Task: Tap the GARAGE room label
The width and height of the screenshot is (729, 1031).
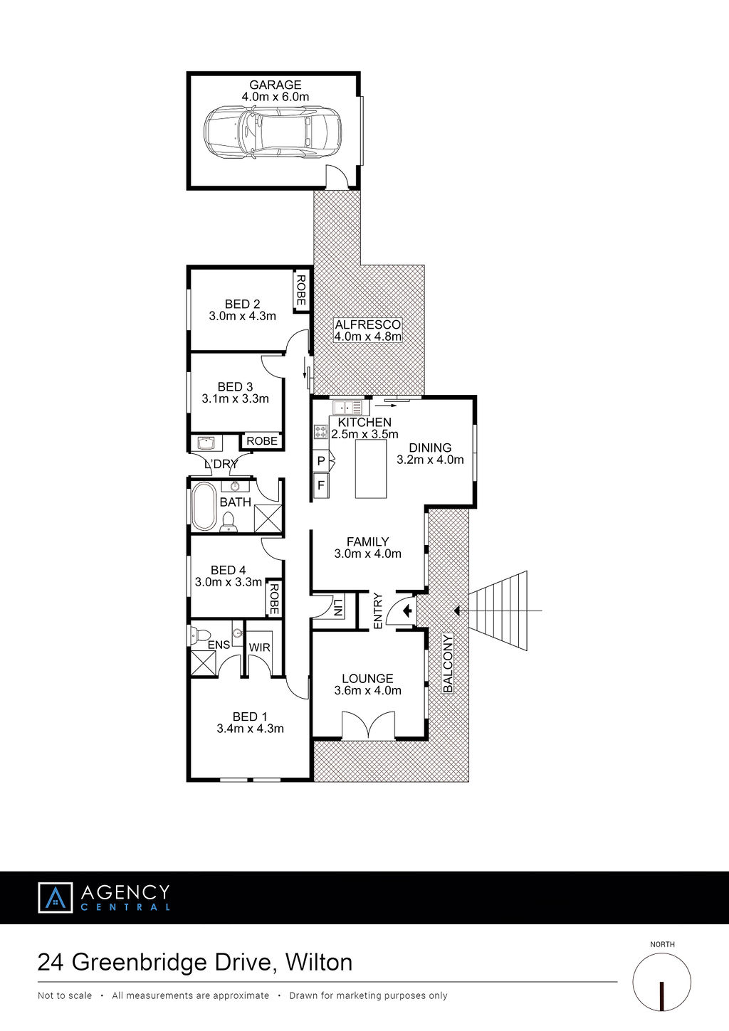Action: tap(276, 85)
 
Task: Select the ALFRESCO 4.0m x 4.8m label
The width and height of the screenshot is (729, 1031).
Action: tap(367, 330)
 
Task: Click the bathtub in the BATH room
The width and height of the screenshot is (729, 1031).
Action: tap(204, 506)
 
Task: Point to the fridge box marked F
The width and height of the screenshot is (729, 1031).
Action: tap(321, 485)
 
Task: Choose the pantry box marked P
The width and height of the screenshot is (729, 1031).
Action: tap(322, 461)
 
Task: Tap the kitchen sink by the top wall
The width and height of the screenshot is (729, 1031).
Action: tap(347, 407)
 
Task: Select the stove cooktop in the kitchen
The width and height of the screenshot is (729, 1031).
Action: tap(321, 432)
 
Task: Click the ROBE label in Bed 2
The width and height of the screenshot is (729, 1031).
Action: tap(300, 290)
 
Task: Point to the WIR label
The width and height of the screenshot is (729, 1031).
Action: tap(259, 647)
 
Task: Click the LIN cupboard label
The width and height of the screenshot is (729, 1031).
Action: tap(338, 607)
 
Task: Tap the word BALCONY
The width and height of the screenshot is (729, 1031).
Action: tap(448, 663)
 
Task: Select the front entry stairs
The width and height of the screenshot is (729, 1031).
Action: tap(498, 610)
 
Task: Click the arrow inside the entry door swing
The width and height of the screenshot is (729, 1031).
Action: tap(407, 611)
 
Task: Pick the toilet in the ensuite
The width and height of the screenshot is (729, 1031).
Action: tap(194, 634)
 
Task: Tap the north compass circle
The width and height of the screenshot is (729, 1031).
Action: tap(662, 983)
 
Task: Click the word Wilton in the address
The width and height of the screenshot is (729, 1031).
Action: tap(319, 963)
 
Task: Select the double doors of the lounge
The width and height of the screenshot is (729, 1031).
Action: tap(368, 726)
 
